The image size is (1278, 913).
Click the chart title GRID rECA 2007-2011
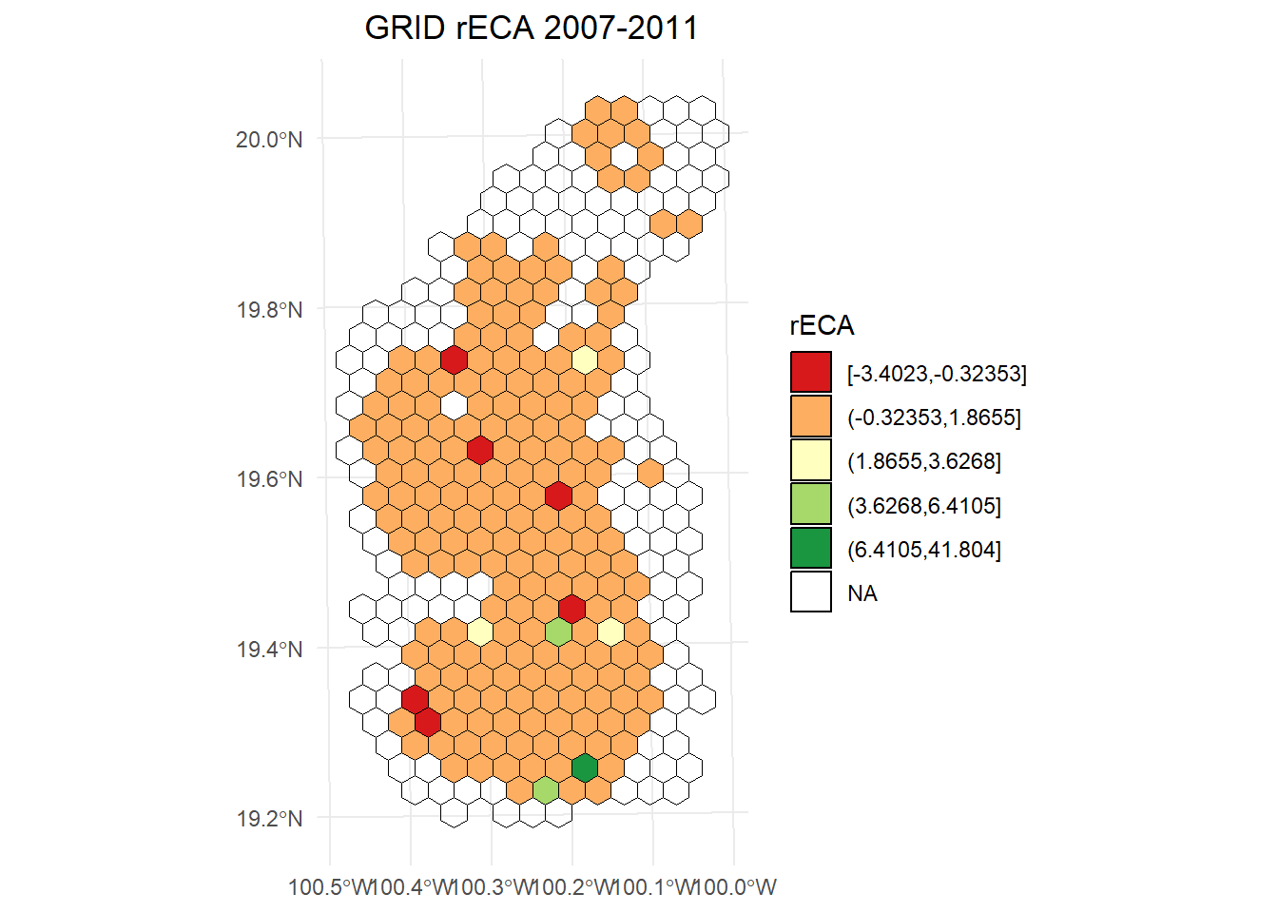click(532, 29)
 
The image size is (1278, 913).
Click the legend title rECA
click(822, 326)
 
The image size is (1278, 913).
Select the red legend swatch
click(811, 373)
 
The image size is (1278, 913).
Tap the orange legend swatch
click(811, 417)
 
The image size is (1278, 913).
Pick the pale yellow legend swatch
click(811, 460)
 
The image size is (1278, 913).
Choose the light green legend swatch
click(811, 505)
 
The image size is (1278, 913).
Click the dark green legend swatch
click(811, 549)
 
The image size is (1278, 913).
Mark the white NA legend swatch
click(811, 592)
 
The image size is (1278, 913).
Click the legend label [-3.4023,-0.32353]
click(937, 374)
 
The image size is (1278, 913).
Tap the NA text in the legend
click(862, 593)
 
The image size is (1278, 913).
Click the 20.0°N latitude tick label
click(269, 140)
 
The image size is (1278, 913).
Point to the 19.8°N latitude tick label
click(269, 310)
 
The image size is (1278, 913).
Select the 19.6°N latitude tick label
click(269, 479)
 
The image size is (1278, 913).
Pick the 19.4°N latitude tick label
click(269, 650)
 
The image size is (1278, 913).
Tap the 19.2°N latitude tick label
click(269, 819)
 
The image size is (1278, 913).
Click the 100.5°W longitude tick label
click(330, 887)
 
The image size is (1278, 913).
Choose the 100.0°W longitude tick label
click(737, 887)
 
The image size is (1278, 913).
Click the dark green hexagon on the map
click(585, 767)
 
